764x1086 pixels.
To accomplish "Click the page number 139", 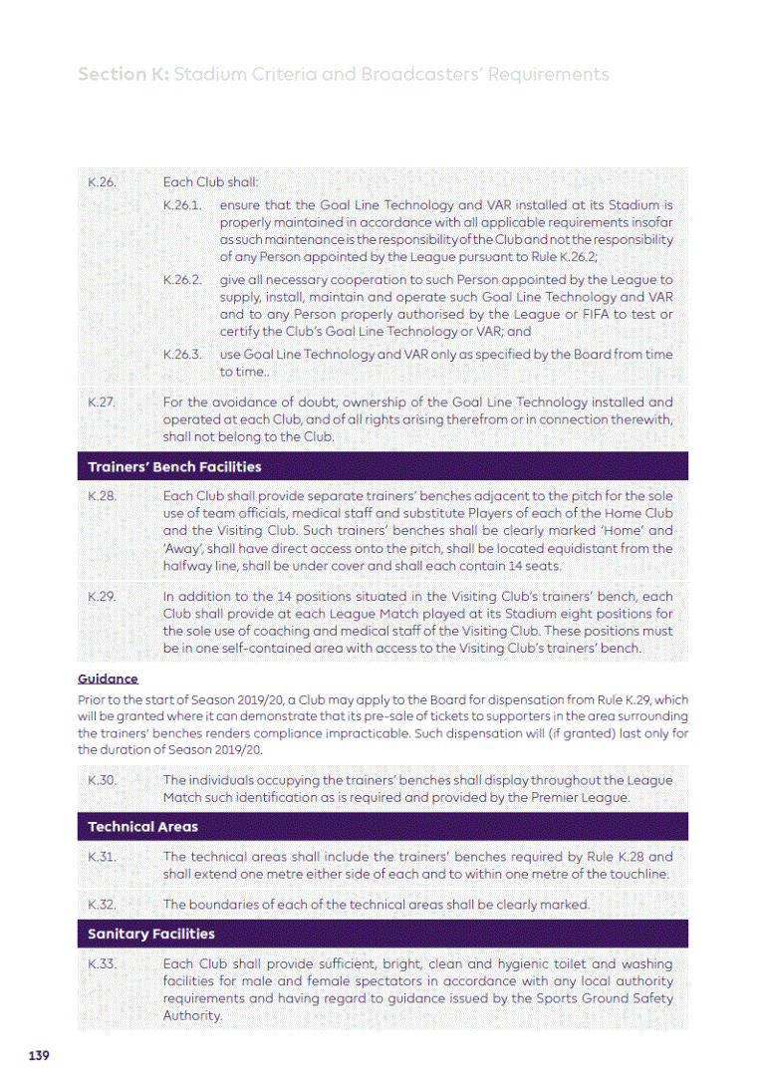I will click(39, 1055).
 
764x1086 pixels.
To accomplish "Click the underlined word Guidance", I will click(108, 679).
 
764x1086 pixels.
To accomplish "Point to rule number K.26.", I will click(103, 183).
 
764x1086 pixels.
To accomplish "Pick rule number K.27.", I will click(102, 403).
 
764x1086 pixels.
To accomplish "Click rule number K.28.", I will click(103, 495).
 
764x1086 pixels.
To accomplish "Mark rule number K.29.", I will click(103, 597).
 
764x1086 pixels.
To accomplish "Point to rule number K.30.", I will click(103, 780).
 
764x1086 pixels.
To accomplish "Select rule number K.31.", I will click(103, 857).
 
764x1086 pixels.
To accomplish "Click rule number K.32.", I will click(103, 905).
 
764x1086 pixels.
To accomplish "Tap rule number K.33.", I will click(103, 964).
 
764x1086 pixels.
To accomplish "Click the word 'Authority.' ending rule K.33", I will click(192, 1016).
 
